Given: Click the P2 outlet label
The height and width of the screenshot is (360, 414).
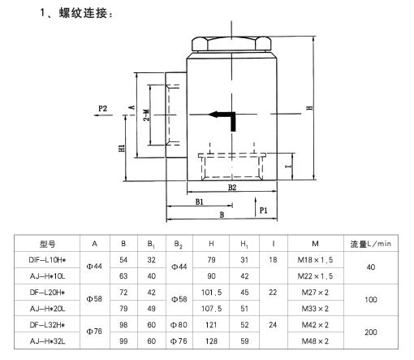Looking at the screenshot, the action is pos(102,109).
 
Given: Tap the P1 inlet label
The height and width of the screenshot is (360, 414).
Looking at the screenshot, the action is pos(263,210).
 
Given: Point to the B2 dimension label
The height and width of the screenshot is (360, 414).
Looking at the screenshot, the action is pos(232,188).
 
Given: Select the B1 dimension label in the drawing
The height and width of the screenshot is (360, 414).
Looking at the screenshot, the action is pos(200,202).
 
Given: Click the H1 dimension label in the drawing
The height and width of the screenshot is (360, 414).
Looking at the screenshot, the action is pos(122,148).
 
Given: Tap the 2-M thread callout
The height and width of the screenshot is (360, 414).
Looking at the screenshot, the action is pos(146,115).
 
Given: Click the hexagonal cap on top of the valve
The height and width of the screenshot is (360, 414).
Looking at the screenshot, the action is pos(231,44).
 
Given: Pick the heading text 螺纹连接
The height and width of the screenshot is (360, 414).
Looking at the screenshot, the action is pos(83,13).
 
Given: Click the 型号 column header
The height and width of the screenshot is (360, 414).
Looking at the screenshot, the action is pos(47,244).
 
